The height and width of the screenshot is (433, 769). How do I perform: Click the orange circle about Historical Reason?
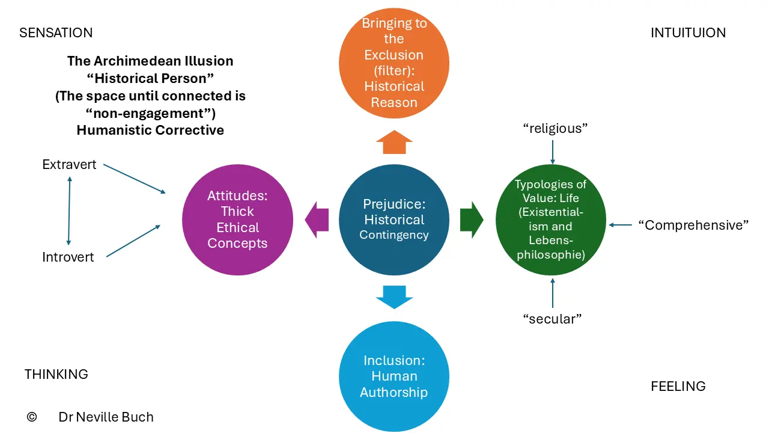tap(394, 63)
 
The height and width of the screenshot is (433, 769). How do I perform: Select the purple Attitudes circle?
tap(237, 220)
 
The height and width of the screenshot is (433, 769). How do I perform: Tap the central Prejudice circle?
tap(394, 220)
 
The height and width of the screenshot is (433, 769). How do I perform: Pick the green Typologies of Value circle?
tap(551, 220)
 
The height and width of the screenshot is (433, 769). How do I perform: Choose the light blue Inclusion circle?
tap(394, 376)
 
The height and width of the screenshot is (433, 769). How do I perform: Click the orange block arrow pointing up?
tap(394, 142)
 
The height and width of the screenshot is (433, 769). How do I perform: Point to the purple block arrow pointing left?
tap(317, 220)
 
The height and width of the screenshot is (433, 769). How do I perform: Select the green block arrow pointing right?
tap(472, 220)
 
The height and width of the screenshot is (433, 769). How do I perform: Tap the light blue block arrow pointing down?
tap(394, 297)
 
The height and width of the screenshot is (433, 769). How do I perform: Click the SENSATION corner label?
tap(56, 33)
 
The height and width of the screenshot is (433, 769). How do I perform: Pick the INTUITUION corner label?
tap(688, 33)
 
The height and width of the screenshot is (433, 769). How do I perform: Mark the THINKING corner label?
tap(56, 374)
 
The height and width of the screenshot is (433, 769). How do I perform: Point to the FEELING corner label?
tap(678, 386)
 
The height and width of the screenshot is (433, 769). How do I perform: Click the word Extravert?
tap(69, 165)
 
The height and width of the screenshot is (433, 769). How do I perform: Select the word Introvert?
tap(68, 257)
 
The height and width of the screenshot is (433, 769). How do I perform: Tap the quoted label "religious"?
tap(555, 129)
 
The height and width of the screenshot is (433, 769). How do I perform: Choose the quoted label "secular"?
tap(552, 319)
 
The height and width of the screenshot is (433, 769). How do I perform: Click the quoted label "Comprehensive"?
tap(693, 226)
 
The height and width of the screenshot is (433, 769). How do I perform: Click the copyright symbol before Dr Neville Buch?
tap(32, 417)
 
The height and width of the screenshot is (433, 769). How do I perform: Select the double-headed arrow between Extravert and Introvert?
tap(69, 210)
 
